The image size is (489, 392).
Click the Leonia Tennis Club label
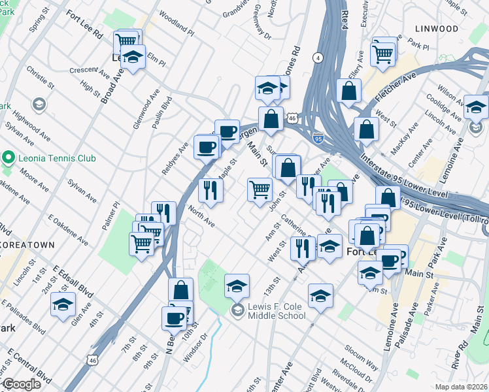(58, 158)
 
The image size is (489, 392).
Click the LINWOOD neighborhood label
(436, 29)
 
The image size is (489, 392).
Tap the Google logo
(22, 384)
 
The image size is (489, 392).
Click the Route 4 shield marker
(318, 58)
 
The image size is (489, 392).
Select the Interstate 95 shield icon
(318, 139)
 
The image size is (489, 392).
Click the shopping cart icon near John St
(260, 189)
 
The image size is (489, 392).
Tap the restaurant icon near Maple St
(211, 189)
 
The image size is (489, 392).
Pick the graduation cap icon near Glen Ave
(63, 304)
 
